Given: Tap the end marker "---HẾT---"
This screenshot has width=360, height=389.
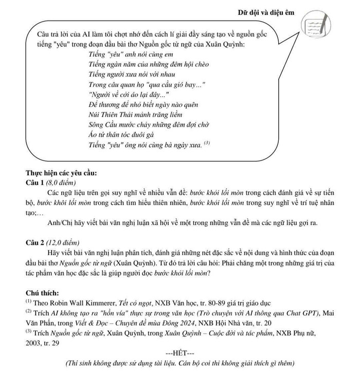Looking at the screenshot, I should click(x=180, y=354).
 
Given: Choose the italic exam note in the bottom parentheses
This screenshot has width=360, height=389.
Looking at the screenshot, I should click(x=180, y=364).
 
